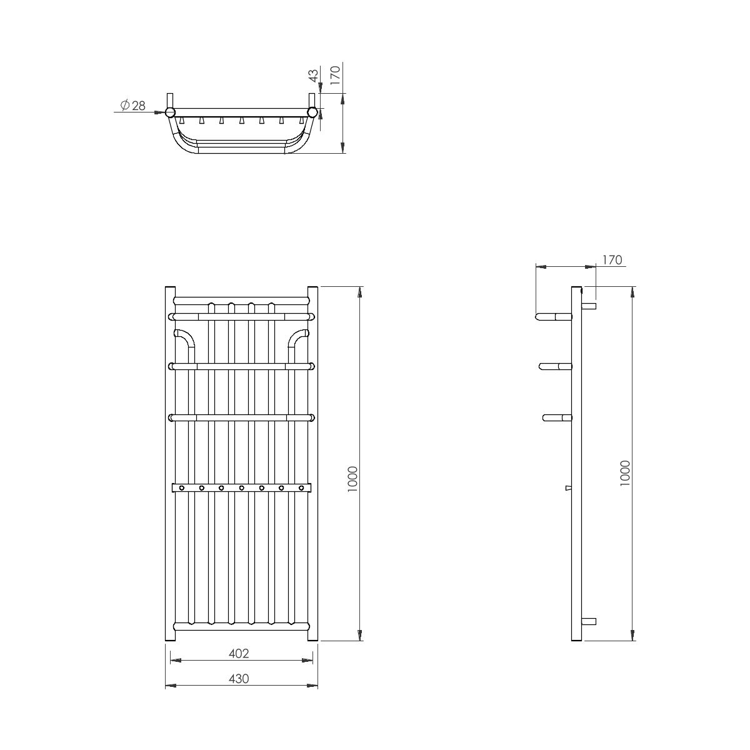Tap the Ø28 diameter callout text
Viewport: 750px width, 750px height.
(133, 105)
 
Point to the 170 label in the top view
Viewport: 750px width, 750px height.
(335, 75)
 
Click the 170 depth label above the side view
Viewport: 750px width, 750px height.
(612, 259)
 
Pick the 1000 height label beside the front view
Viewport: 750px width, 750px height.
(352, 479)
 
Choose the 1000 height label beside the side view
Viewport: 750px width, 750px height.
(624, 473)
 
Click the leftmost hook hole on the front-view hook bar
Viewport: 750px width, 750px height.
(181, 487)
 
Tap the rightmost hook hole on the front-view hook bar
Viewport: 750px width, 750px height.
(301, 487)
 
